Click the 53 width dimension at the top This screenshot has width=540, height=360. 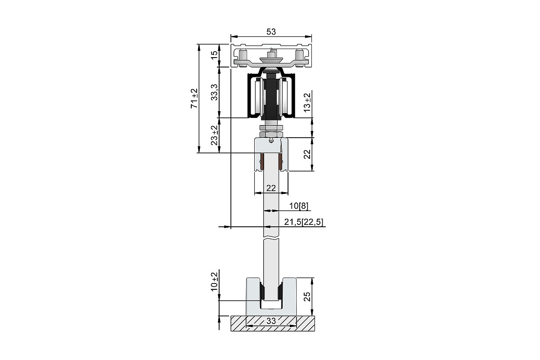point(271,31)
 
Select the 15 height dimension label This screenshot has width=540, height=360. point(214,55)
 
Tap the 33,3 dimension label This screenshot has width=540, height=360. point(214,92)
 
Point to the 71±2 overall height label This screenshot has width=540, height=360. point(194,99)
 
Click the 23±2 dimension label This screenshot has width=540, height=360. point(214,135)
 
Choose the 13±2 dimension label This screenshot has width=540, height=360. point(307,102)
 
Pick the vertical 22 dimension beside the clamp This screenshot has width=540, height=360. point(307,154)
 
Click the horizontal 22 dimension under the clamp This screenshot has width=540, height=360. point(271,188)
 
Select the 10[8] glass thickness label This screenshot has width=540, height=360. point(299,206)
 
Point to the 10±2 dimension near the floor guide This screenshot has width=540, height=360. point(214,282)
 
